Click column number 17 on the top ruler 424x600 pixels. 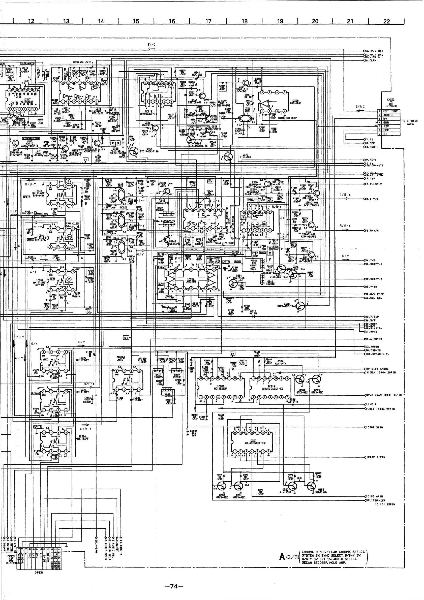click(x=208, y=21)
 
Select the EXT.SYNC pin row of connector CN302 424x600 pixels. click(x=390, y=111)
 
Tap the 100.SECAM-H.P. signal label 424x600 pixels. click(x=377, y=354)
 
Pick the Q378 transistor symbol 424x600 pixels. click(x=301, y=306)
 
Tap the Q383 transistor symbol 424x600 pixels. click(x=311, y=486)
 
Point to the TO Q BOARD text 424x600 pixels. click(x=410, y=121)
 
